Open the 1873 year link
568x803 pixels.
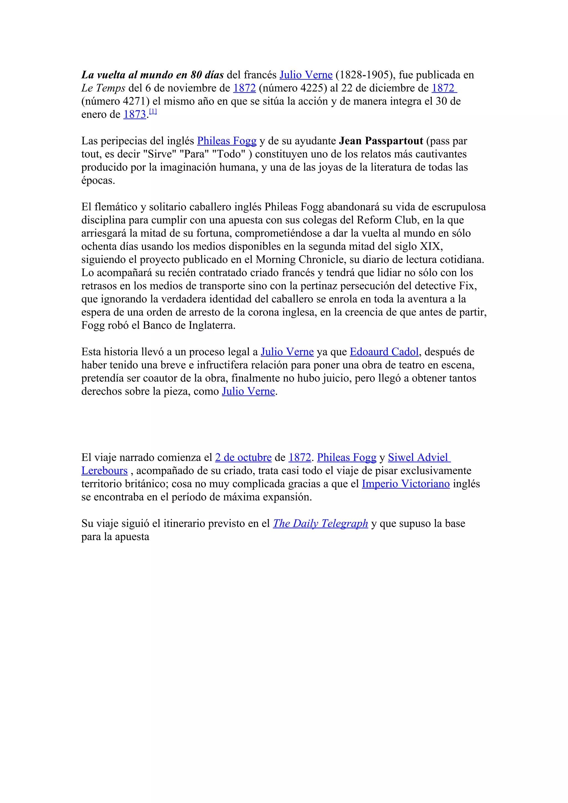pyautogui.click(x=135, y=114)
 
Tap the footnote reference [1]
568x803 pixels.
pyautogui.click(x=153, y=112)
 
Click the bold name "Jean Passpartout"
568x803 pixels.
pyautogui.click(x=381, y=141)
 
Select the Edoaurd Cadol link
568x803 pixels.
pyautogui.click(x=384, y=352)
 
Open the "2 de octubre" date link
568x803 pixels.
pyautogui.click(x=243, y=457)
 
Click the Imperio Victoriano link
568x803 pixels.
pyautogui.click(x=405, y=484)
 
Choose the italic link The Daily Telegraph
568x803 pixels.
pyautogui.click(x=320, y=524)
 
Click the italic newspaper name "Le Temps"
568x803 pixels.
pyautogui.click(x=103, y=88)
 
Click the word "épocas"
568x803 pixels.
pyautogui.click(x=98, y=181)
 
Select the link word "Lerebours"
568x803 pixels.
pyautogui.click(x=104, y=471)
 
